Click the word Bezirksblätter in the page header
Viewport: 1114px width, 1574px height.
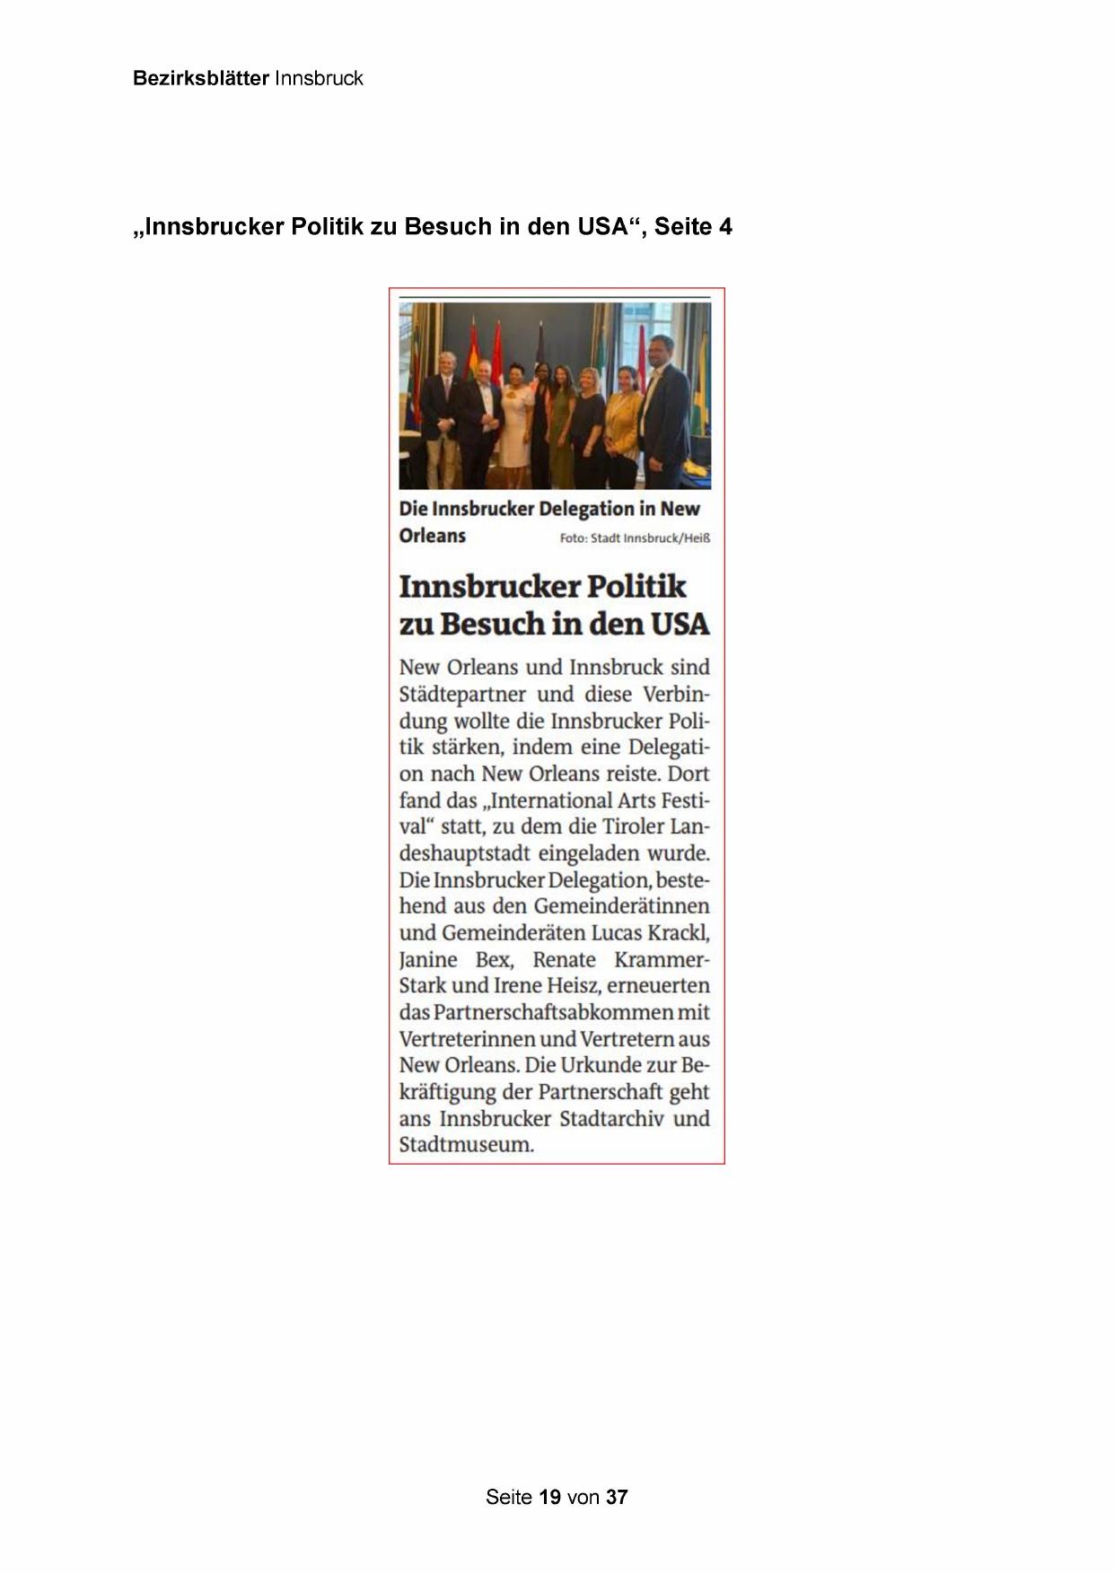point(201,78)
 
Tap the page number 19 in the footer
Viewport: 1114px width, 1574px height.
point(550,1497)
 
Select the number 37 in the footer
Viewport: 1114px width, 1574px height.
point(617,1497)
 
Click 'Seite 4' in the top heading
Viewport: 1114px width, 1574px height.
point(693,226)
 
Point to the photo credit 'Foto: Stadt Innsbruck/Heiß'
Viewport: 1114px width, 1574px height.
point(635,538)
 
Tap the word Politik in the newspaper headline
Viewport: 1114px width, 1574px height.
point(636,586)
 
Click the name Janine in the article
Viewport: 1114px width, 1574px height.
point(428,959)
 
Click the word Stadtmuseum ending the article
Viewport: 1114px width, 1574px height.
point(465,1145)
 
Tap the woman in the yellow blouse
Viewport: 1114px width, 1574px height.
point(620,422)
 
